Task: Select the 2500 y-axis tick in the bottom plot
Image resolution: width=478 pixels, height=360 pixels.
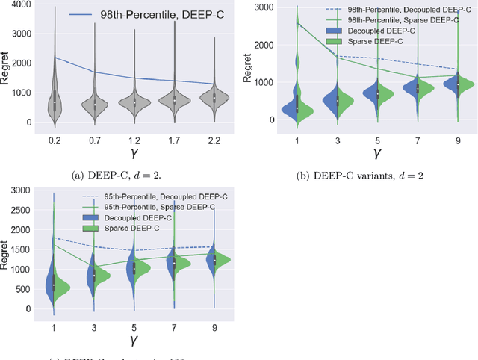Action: (x=23, y=211)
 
